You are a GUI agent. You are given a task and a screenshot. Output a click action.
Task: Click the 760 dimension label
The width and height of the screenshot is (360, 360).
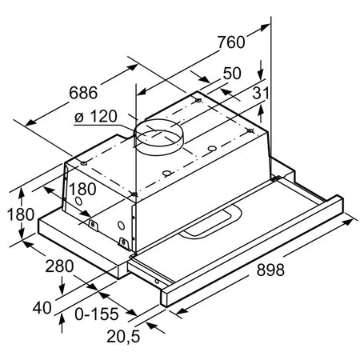pyautogui.click(x=231, y=42)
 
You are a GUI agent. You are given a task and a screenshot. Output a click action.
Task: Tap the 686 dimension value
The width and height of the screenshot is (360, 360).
pyautogui.click(x=83, y=93)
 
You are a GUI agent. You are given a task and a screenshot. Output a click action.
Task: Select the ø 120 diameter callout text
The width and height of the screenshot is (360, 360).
pyautogui.click(x=96, y=116)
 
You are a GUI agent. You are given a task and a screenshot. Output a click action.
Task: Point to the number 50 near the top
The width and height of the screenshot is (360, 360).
pyautogui.click(x=232, y=73)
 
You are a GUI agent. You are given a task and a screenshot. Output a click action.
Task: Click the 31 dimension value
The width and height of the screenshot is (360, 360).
pyautogui.click(x=260, y=93)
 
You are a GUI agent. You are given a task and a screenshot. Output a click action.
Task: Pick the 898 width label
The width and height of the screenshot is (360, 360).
pyautogui.click(x=270, y=270)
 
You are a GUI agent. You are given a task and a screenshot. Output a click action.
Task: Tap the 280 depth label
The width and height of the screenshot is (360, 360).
pyautogui.click(x=59, y=266)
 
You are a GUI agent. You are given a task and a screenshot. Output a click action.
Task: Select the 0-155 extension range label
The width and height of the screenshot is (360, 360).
pyautogui.click(x=97, y=314)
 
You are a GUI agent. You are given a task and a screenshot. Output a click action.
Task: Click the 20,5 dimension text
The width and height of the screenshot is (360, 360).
pyautogui.click(x=123, y=336)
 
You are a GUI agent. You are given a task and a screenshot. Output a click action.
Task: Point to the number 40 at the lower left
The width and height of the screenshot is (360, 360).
pyautogui.click(x=42, y=308)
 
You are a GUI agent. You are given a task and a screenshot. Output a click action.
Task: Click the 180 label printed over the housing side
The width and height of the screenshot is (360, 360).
pyautogui.click(x=82, y=189)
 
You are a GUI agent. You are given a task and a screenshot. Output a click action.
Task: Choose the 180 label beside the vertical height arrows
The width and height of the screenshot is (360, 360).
pyautogui.click(x=21, y=214)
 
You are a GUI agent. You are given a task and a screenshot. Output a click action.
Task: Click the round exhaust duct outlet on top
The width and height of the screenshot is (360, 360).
pyautogui.click(x=159, y=138)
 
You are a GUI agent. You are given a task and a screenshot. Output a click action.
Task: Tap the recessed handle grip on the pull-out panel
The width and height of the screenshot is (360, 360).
pyautogui.click(x=210, y=222)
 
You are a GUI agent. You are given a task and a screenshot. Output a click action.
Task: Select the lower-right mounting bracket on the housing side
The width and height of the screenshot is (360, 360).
pyautogui.click(x=123, y=242)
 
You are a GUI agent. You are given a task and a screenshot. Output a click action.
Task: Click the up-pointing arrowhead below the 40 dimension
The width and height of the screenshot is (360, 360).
pyautogui.click(x=62, y=319)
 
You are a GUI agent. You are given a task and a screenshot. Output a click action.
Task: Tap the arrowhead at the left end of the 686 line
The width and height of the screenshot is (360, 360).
pyautogui.click(x=31, y=123)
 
